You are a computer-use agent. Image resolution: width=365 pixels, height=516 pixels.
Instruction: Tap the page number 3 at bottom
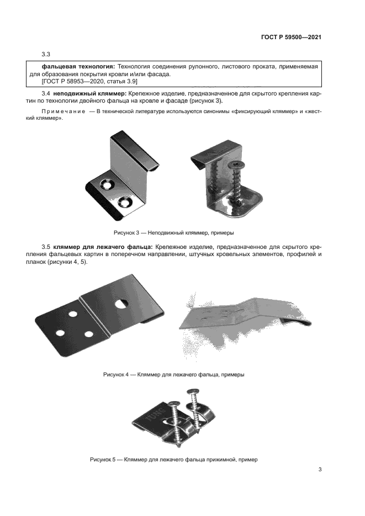click(x=320, y=470)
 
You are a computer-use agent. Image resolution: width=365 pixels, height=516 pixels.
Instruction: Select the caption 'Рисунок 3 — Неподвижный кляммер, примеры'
click(x=177, y=232)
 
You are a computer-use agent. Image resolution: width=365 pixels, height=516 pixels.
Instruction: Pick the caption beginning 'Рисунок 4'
click(x=173, y=374)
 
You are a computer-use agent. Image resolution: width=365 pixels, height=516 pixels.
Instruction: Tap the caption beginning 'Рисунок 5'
click(x=173, y=459)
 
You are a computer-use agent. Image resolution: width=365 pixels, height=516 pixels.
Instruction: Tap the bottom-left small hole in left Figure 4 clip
click(x=60, y=334)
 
